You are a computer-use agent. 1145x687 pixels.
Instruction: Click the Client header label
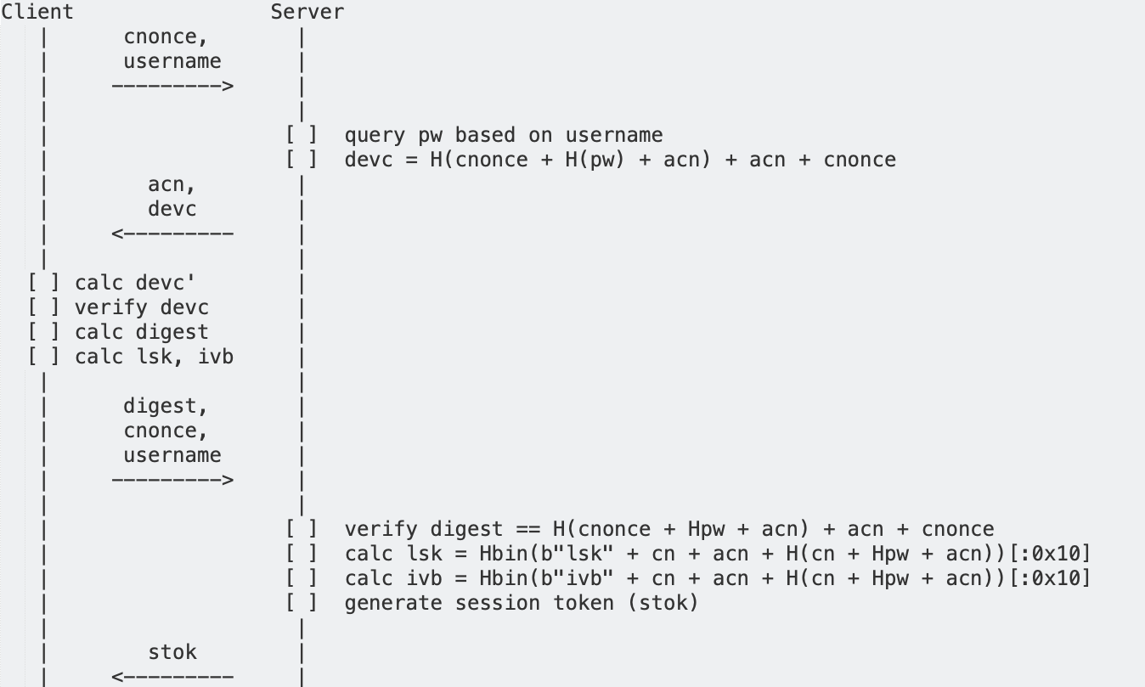point(37,12)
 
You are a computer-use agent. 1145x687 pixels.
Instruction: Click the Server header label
point(307,12)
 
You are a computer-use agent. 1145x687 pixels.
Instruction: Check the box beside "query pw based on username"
point(302,135)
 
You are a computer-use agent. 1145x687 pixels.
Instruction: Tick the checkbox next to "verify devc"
point(43,307)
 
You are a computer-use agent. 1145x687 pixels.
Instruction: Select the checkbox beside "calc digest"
point(43,332)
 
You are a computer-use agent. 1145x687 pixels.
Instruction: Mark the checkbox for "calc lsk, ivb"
point(43,357)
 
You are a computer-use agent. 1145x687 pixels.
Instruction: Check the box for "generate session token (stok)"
point(302,603)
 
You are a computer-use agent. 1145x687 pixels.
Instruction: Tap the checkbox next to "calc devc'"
point(43,283)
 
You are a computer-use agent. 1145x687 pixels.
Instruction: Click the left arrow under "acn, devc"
point(172,234)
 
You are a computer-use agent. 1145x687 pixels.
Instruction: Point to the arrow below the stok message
point(172,677)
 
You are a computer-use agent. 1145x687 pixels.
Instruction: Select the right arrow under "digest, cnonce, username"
point(172,480)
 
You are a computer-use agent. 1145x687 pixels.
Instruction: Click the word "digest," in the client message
point(165,407)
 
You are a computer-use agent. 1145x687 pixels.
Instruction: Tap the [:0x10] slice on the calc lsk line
point(1050,554)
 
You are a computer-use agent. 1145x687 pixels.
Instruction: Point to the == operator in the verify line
point(528,529)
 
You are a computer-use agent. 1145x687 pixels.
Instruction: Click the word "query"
point(375,136)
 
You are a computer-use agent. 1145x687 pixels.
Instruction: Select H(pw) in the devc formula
point(595,160)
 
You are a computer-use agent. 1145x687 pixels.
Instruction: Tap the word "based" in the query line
point(485,135)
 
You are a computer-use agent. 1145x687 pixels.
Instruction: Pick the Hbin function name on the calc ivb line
point(504,578)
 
